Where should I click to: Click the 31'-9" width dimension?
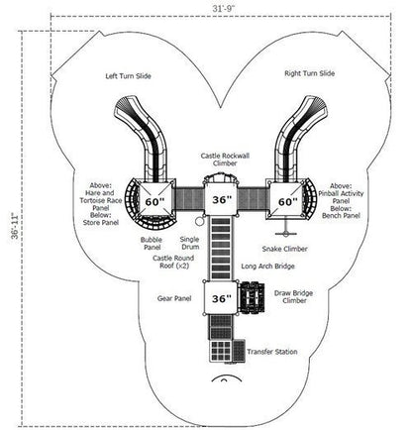click(223, 8)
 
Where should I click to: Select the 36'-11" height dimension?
click(15, 226)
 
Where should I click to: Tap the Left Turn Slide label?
click(128, 76)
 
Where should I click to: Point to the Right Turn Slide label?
click(309, 73)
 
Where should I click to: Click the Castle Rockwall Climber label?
click(225, 160)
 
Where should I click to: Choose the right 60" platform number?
click(288, 201)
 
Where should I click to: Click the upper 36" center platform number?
click(222, 200)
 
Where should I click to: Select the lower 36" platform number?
click(222, 298)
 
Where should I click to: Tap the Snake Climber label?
click(284, 249)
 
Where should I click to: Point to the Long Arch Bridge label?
click(267, 267)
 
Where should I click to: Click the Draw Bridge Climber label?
click(293, 296)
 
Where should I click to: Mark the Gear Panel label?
click(174, 298)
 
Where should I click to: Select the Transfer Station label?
click(272, 352)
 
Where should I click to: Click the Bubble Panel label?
click(152, 244)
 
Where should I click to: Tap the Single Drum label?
click(190, 243)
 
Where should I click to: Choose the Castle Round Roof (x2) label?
click(173, 262)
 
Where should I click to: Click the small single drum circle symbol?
click(199, 221)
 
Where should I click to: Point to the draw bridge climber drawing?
click(252, 298)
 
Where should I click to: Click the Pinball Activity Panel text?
click(341, 197)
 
